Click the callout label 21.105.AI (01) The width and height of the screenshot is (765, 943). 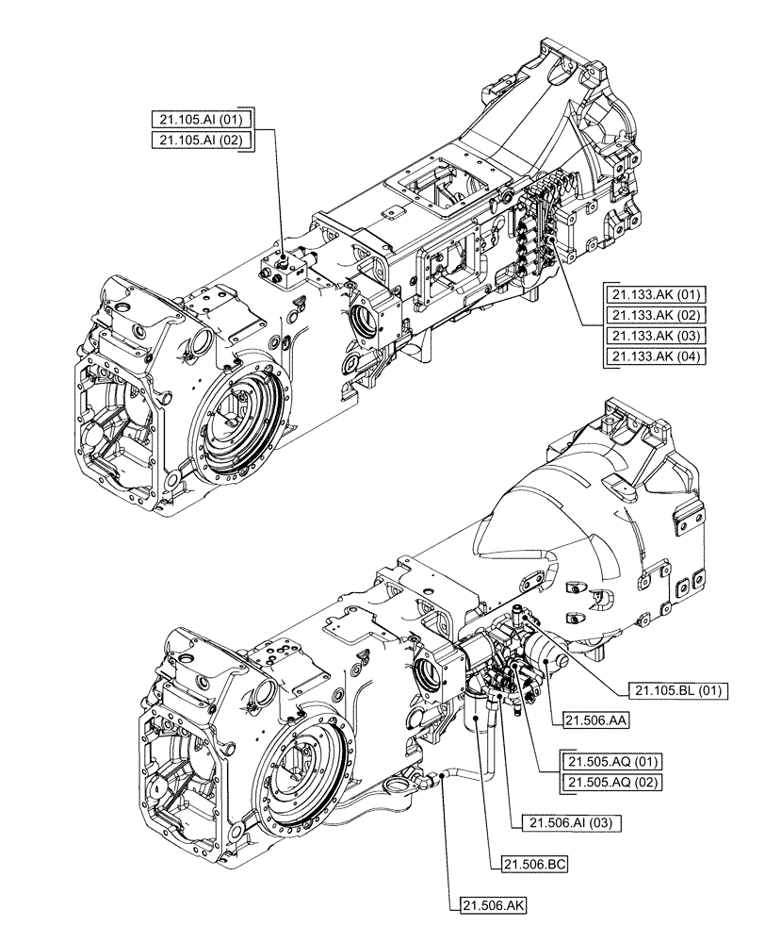201,119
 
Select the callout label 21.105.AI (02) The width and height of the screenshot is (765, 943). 201,140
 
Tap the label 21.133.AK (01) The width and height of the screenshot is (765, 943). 651,294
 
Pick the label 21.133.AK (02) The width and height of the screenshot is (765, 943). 651,315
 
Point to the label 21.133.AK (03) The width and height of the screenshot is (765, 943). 651,336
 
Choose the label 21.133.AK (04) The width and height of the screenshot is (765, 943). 651,356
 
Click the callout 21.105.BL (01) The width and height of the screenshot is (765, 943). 675,690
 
